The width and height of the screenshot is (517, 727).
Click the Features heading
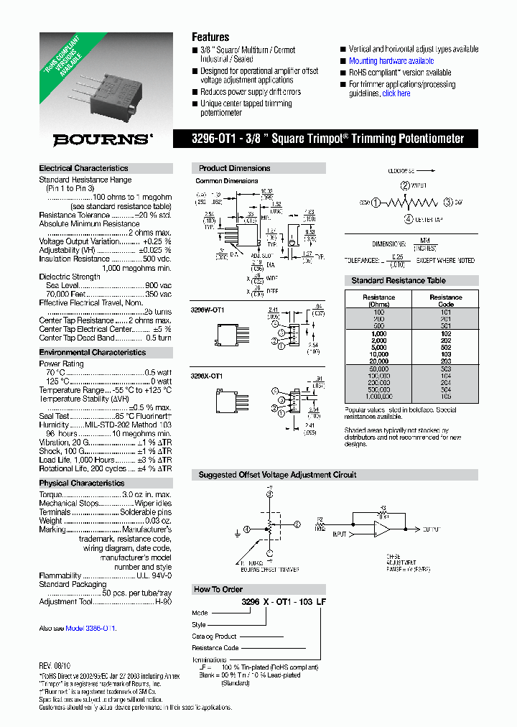[x=210, y=37]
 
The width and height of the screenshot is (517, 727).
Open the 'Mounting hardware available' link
[x=391, y=61]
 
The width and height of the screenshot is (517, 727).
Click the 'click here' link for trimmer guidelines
[x=396, y=93]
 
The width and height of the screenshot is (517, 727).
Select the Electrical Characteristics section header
[x=83, y=168]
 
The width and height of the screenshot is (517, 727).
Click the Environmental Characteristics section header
[x=92, y=353]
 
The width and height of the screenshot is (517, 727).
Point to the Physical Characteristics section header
[x=81, y=483]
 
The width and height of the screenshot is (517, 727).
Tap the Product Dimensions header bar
[x=235, y=168]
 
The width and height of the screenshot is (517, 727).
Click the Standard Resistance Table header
[x=398, y=280]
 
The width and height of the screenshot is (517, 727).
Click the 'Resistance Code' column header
[x=445, y=300]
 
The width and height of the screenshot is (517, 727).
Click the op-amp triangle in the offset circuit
[x=381, y=530]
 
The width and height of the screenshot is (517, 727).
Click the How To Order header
[x=218, y=589]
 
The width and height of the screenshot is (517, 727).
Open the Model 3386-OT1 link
[x=90, y=628]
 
